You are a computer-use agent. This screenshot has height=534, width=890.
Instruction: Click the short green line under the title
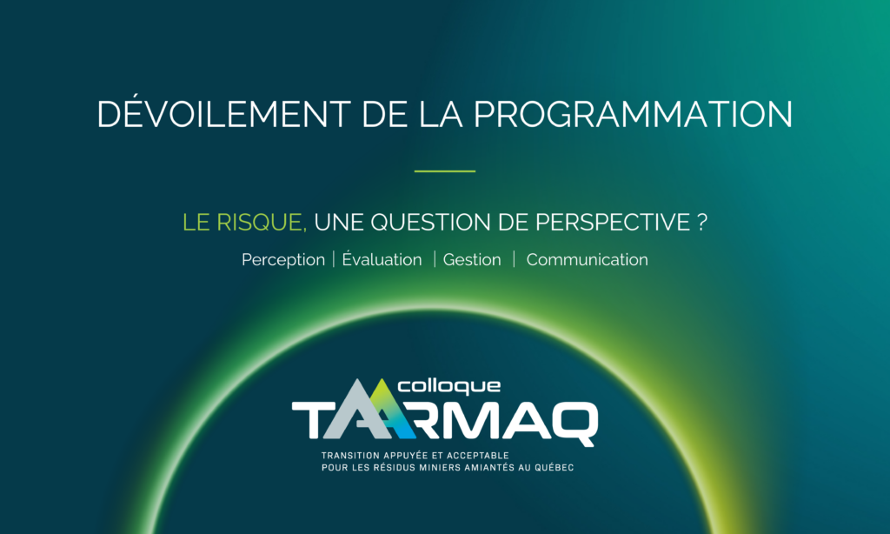click(x=444, y=171)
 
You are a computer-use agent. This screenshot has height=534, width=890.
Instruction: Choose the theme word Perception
click(x=282, y=260)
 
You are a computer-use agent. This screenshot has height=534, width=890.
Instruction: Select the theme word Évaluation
click(x=382, y=260)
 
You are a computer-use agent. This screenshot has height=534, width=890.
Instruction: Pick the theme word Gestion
click(x=472, y=260)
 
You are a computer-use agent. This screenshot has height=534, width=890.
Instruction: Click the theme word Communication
click(x=587, y=260)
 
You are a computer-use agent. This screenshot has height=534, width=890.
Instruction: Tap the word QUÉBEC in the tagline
click(x=554, y=468)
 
